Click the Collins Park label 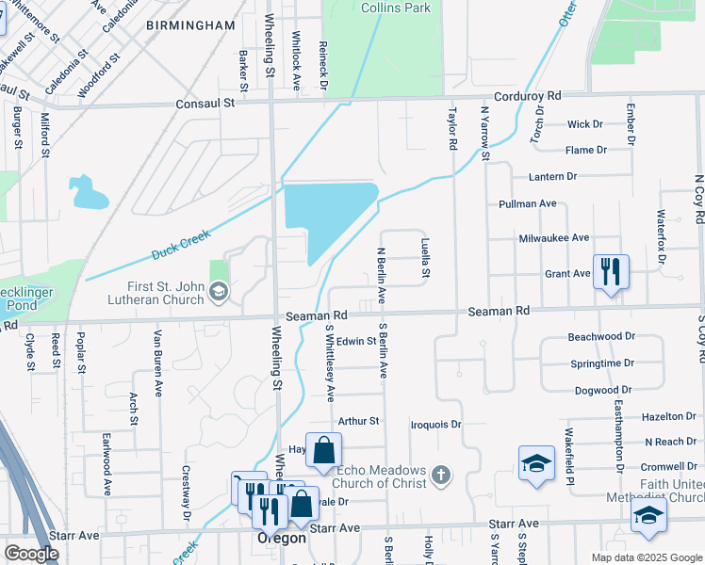click(x=396, y=8)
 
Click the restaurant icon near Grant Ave click(x=611, y=272)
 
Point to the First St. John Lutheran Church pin click(x=219, y=292)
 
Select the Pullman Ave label click(x=529, y=203)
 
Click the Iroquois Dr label click(x=435, y=425)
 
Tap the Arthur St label click(x=358, y=421)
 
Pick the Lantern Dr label click(x=552, y=177)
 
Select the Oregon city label click(x=282, y=538)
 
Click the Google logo click(x=31, y=554)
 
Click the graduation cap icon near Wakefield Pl click(x=536, y=463)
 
